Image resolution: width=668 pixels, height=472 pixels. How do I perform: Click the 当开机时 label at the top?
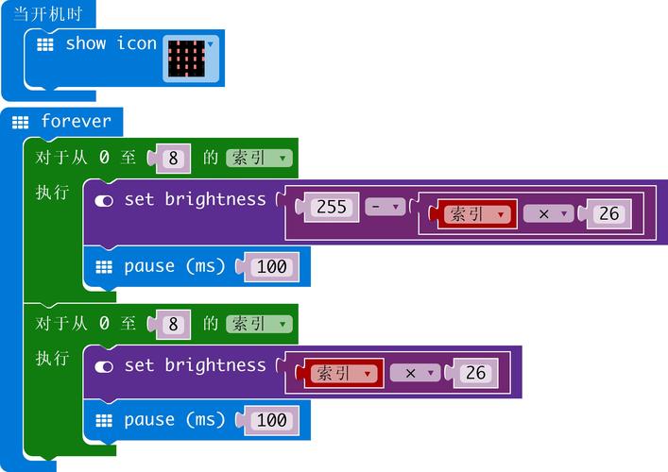(x=42, y=14)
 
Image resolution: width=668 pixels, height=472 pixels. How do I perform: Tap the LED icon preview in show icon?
(x=186, y=59)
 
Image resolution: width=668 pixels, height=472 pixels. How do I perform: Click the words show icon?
(x=111, y=43)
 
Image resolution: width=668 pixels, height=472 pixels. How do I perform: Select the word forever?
(x=76, y=121)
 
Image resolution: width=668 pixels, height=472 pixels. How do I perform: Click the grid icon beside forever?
(x=21, y=122)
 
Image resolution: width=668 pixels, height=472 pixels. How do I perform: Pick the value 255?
(x=331, y=206)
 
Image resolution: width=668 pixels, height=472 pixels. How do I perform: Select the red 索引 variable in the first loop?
(x=476, y=214)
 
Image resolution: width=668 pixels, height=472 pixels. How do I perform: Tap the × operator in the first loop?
(x=548, y=214)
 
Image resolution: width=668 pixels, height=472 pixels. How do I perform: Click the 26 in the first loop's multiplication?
(x=608, y=214)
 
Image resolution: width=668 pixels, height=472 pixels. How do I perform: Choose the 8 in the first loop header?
(x=173, y=158)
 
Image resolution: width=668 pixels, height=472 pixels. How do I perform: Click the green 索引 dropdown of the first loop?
(x=258, y=158)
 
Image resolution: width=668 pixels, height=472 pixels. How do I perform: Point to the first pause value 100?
(x=271, y=266)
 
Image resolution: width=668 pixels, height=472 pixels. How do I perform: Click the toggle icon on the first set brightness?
(x=104, y=200)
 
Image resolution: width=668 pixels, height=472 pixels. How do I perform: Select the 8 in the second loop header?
(x=173, y=324)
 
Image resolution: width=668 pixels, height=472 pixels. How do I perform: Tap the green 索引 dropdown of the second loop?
(x=258, y=324)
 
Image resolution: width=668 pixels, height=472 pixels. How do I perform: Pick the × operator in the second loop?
(x=415, y=373)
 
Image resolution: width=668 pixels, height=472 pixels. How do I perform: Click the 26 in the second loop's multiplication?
(x=475, y=373)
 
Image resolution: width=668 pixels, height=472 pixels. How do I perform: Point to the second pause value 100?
(x=271, y=420)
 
